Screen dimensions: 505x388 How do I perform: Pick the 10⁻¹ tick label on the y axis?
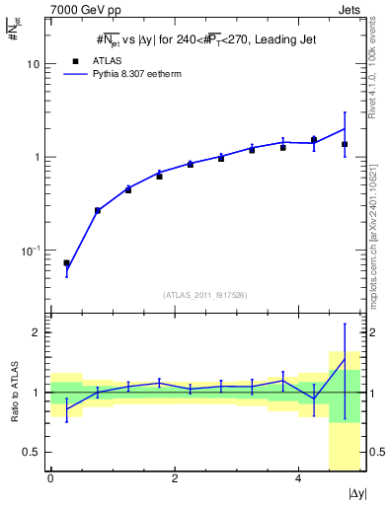pos(32,252)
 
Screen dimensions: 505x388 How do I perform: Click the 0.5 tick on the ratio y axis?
pos(32,453)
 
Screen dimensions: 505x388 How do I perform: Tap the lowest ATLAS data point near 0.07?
pos(66,263)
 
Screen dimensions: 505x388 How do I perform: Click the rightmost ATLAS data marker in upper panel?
pos(345,144)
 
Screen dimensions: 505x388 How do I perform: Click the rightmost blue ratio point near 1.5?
pos(345,360)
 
